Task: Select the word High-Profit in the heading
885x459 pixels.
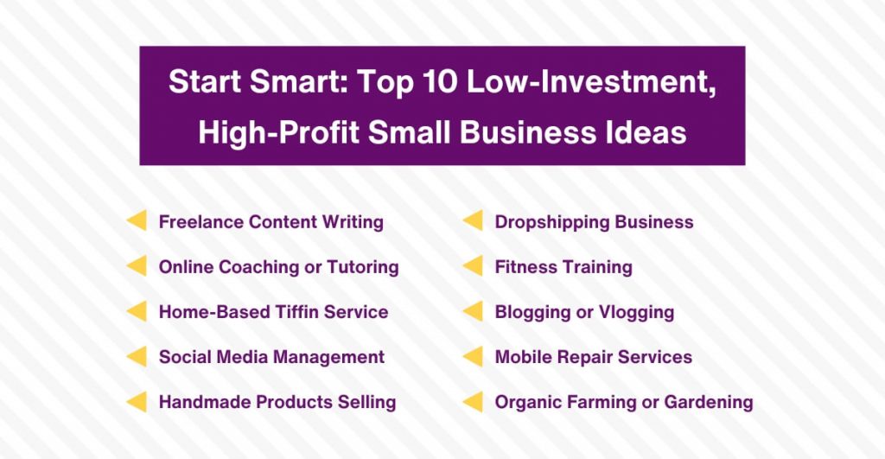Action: tap(279, 132)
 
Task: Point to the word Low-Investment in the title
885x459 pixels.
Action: tap(590, 82)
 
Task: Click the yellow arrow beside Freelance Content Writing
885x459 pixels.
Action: tap(137, 220)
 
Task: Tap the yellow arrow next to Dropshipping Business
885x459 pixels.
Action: tap(473, 220)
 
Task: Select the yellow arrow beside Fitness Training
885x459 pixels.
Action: tap(473, 266)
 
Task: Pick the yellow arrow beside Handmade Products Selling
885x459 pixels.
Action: tap(137, 402)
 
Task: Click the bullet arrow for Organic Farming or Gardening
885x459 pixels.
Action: tap(473, 402)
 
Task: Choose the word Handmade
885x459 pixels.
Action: tap(205, 402)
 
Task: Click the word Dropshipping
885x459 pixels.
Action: tap(551, 222)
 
